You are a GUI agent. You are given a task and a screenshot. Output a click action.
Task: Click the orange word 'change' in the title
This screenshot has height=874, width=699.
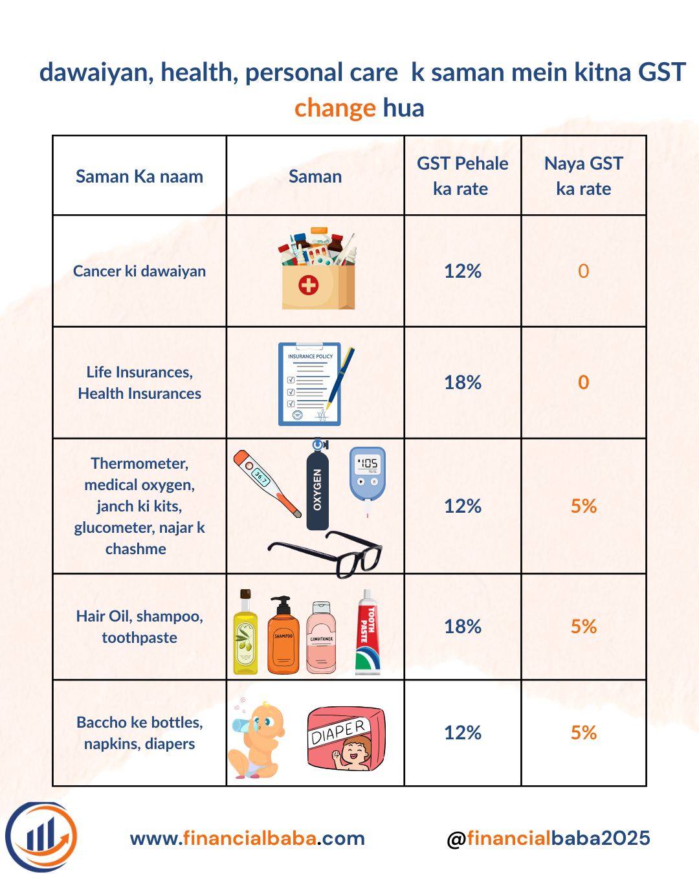click(x=335, y=108)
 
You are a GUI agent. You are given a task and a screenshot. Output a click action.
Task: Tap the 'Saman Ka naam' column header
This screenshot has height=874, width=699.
click(x=139, y=176)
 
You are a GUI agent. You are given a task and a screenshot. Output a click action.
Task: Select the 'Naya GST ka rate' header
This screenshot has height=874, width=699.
click(x=583, y=175)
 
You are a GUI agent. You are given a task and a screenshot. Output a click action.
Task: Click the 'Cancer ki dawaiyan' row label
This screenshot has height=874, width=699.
click(x=139, y=271)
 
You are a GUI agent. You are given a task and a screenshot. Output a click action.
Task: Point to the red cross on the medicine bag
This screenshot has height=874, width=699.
click(x=309, y=284)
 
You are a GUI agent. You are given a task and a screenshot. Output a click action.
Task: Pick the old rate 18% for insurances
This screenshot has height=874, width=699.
click(x=462, y=383)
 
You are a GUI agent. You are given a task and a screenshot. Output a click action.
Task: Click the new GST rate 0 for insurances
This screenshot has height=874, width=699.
click(x=583, y=383)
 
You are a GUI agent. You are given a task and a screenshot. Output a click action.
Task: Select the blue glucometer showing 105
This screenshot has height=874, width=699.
click(x=368, y=474)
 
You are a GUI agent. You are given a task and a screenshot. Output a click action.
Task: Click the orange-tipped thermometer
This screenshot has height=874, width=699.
click(x=267, y=482)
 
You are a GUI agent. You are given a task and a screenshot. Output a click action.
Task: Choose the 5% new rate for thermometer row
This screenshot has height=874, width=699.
click(x=583, y=506)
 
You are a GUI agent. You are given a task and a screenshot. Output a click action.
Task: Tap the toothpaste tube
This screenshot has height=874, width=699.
click(x=367, y=633)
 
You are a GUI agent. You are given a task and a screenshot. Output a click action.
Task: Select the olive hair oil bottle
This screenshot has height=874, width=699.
click(x=245, y=634)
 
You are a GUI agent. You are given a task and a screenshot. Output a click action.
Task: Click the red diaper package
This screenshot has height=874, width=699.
click(x=346, y=738)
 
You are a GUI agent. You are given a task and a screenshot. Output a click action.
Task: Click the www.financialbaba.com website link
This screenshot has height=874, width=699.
click(x=247, y=838)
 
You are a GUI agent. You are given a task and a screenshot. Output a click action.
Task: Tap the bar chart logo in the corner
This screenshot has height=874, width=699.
click(x=41, y=836)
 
